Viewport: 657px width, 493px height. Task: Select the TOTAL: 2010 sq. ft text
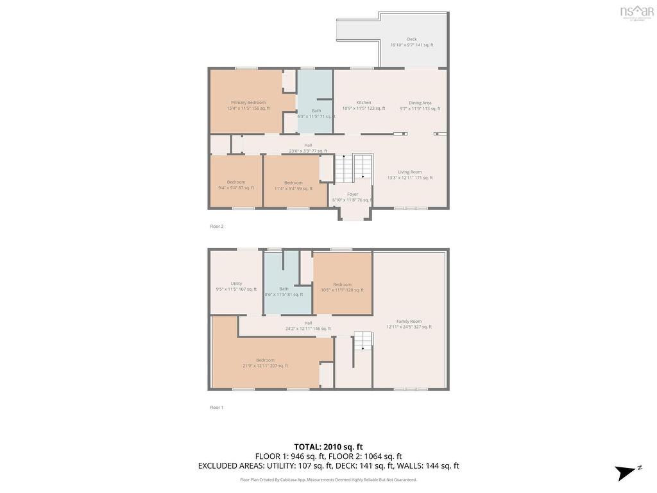pos(328,447)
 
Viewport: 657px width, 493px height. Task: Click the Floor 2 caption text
pos(217,227)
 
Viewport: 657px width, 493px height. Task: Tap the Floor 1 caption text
pos(217,408)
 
